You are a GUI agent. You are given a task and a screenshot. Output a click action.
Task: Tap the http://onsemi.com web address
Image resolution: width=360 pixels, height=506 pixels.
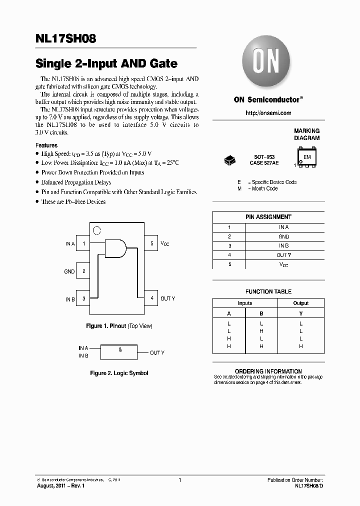(x=268, y=113)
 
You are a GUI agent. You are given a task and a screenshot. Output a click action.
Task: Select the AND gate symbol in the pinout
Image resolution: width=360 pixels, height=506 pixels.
(x=115, y=248)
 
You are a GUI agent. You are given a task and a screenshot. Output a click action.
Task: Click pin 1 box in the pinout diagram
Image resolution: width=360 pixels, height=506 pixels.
(x=83, y=244)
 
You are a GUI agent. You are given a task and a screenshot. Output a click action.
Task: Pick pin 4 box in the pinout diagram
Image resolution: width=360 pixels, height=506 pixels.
(x=151, y=298)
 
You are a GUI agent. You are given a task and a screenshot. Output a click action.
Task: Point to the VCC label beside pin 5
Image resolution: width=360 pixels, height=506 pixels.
(x=165, y=244)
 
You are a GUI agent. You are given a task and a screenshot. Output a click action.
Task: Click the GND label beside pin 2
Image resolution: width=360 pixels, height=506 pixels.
(x=69, y=271)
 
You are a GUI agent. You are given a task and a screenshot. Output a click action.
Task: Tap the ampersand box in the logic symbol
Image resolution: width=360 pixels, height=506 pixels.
(x=120, y=351)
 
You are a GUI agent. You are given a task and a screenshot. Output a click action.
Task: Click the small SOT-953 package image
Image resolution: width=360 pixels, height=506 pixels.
(x=230, y=159)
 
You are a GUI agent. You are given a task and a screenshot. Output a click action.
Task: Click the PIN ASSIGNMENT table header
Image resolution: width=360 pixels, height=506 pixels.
(x=268, y=217)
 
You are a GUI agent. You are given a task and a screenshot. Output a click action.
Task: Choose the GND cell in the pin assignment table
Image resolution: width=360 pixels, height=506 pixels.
(x=283, y=236)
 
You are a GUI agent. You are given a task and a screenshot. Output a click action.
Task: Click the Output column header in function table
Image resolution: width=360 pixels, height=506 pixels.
(x=300, y=303)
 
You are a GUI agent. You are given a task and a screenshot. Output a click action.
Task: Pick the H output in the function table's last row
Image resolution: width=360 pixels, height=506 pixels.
(x=300, y=346)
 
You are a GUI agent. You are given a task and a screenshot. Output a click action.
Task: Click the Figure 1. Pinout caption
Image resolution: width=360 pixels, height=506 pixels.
(x=119, y=326)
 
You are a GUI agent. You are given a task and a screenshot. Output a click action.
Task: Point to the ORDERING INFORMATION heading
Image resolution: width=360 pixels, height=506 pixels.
(x=268, y=371)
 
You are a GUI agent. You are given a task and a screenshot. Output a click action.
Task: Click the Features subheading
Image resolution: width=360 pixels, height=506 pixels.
(x=46, y=145)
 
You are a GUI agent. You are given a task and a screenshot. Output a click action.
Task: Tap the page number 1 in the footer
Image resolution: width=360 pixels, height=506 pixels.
(x=179, y=480)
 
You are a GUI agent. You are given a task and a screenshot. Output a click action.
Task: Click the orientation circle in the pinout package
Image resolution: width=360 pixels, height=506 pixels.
(x=97, y=230)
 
